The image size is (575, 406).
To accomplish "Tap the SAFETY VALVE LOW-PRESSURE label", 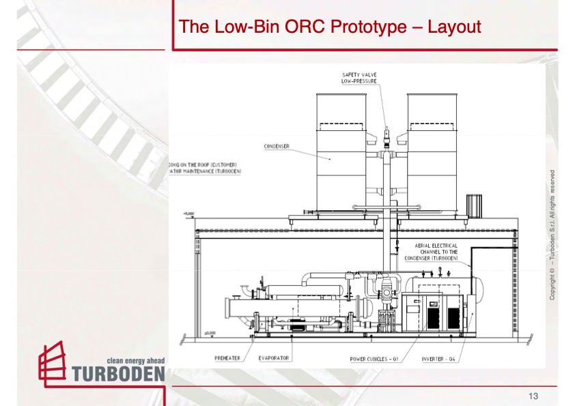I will tap(359, 77).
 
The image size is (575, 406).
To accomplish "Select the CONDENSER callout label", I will tap(277, 146).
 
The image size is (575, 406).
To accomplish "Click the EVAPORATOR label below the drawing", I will tap(274, 358).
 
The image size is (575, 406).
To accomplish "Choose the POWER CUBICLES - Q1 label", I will tap(374, 358).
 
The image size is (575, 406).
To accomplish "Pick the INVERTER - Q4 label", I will tap(438, 358).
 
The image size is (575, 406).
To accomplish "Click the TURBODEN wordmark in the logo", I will tap(117, 373).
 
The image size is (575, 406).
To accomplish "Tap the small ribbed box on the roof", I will tap(475, 205).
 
